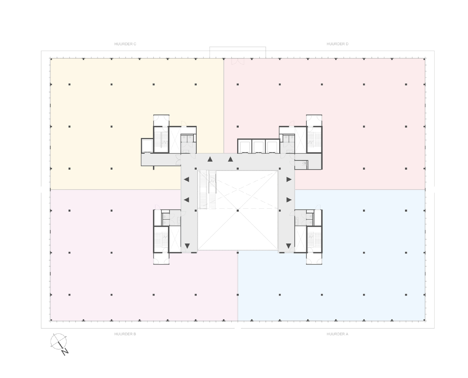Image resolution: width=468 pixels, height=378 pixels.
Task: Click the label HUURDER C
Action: pos(125,44)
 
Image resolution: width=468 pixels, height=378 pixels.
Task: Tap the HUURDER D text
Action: pos(337,44)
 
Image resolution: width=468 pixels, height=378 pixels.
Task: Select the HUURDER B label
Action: pos(125,334)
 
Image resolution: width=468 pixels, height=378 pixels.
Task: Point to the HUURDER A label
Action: pos(337,334)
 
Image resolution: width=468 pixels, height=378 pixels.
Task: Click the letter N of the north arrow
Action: pos(65,352)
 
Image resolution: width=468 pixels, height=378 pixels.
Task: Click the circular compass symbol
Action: pos(58,341)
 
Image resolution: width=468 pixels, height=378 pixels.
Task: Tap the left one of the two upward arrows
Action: pos(210,159)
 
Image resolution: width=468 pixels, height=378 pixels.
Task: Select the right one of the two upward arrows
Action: pos(230,159)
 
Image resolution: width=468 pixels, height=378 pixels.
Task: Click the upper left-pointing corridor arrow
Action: pos(186,180)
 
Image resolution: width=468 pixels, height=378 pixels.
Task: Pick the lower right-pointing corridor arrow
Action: pos(289,200)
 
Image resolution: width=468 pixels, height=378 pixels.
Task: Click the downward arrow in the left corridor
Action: pos(187,246)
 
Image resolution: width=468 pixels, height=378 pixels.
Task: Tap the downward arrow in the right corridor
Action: pos(288,246)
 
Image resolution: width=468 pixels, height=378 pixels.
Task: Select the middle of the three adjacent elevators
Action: pos(258,147)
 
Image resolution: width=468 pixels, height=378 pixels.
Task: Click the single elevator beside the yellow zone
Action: pos(147,146)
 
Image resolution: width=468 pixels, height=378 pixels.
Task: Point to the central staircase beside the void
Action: pos(208,190)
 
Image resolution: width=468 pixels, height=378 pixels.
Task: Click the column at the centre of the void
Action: pos(238,210)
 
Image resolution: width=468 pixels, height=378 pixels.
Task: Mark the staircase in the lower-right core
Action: pos(314,239)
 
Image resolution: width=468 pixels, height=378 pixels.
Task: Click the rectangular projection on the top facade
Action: pos(238,52)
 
